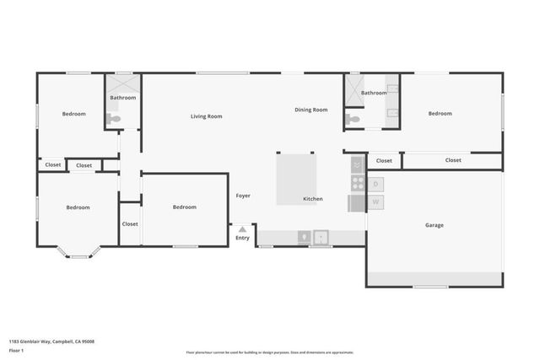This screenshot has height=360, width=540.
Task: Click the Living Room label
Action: click(206, 116)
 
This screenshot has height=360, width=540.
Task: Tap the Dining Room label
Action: click(310, 110)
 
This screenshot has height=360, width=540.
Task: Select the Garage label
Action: click(434, 225)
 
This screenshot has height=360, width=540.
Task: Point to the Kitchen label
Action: click(313, 199)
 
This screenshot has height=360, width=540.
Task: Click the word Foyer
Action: click(243, 196)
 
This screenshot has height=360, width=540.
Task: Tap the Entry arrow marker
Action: click(242, 228)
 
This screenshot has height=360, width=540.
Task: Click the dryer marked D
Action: click(375, 184)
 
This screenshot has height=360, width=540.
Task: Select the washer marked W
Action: click(375, 202)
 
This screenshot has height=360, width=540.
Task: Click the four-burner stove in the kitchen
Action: click(358, 183)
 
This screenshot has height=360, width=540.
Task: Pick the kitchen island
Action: click(296, 173)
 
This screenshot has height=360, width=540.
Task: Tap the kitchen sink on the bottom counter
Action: click(321, 238)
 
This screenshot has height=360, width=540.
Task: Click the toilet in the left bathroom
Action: click(114, 119)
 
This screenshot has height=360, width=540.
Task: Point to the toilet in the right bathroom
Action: click(354, 121)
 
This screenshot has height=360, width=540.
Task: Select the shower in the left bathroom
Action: click(123, 84)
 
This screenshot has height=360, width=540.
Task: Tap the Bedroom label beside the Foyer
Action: click(184, 207)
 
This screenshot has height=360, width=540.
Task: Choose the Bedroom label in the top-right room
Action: click(440, 113)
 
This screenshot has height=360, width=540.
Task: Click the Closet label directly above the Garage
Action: click(453, 160)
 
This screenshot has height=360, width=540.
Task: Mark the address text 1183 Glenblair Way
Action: click(51, 341)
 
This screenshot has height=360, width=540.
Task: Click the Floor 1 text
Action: click(16, 350)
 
